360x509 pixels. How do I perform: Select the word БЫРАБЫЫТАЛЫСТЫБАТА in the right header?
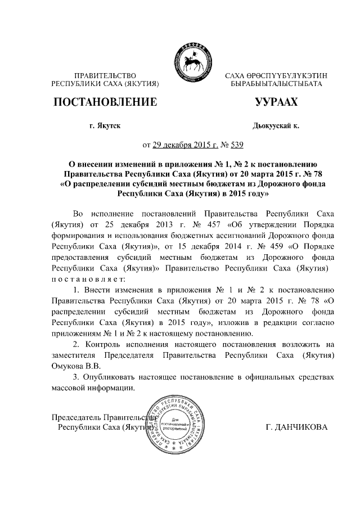click(276, 84)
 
